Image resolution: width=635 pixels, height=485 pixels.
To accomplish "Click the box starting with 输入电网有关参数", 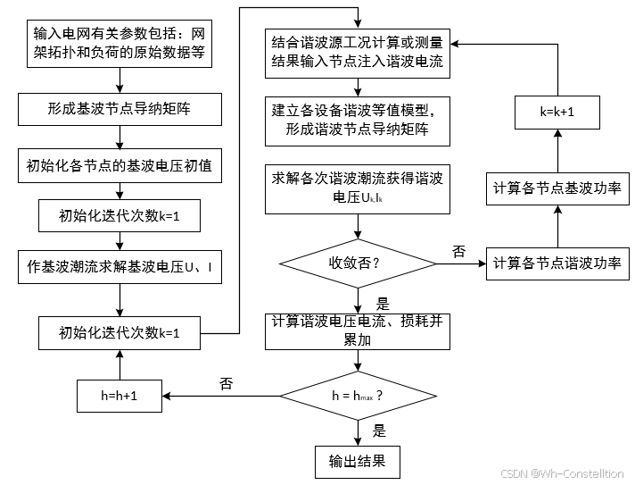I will (x=120, y=43).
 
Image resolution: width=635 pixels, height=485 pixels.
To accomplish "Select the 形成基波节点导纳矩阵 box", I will (x=120, y=111).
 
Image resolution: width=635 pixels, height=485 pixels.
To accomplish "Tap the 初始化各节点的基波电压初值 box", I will (x=120, y=166).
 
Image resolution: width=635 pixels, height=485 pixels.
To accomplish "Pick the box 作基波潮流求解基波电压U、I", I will (x=120, y=266).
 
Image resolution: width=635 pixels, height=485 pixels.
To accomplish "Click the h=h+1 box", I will (x=120, y=395).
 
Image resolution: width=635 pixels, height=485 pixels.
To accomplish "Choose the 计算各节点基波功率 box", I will (x=557, y=189).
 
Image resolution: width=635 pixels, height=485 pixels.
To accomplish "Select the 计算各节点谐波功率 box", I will (x=557, y=265).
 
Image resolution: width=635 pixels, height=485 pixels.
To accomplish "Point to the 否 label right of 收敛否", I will (x=458, y=252).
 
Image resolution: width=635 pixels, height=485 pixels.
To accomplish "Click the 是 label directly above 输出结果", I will (x=379, y=431).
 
